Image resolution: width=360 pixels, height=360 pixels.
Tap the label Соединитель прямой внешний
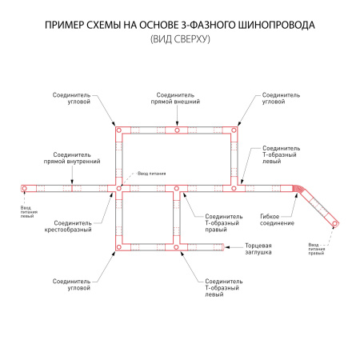click(176, 98)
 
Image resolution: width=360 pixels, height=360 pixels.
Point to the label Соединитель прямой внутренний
click(72, 158)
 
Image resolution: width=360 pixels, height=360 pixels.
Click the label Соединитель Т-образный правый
click(223, 222)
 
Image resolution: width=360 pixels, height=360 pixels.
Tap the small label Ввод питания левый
click(27, 212)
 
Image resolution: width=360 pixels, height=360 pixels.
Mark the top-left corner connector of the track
click(118, 130)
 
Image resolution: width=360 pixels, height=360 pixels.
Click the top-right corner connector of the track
click(234, 130)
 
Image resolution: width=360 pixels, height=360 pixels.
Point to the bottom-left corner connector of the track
click(118, 247)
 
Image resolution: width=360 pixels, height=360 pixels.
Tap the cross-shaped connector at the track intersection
click(118, 189)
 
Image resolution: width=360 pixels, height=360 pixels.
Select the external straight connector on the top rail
click(176, 130)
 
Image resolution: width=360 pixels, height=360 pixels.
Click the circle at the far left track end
click(24, 189)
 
